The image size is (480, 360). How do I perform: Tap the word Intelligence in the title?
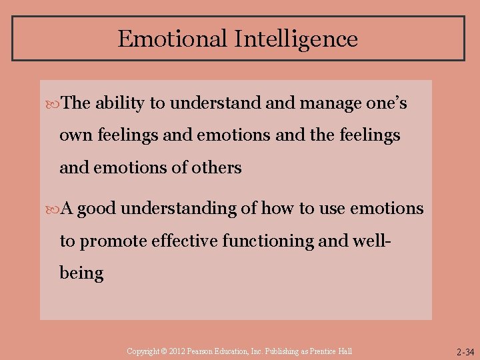point(296,39)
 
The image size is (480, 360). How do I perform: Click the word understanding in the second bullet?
point(179,209)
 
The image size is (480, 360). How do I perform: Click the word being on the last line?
point(81,273)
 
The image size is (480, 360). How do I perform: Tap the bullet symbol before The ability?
point(54,104)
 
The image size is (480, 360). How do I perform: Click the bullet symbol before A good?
point(54,209)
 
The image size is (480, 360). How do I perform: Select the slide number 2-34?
point(465,352)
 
